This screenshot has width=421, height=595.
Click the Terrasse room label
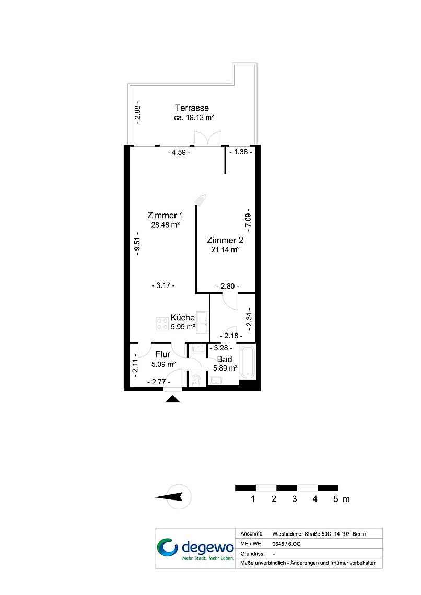click(x=192, y=108)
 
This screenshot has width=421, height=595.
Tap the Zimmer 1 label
click(x=165, y=215)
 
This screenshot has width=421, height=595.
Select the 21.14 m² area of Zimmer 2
click(x=225, y=249)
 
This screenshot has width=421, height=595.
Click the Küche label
click(x=183, y=318)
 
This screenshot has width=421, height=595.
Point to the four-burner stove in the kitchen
click(x=162, y=324)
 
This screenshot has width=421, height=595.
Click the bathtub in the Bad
click(x=248, y=361)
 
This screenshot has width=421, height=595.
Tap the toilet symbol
click(x=196, y=380)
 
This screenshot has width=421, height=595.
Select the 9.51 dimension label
click(x=137, y=246)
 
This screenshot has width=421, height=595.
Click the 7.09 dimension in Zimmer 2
click(x=248, y=220)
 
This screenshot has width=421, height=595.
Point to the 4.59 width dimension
click(x=179, y=152)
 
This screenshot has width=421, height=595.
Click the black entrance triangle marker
click(x=173, y=399)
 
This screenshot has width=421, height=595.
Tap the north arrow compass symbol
click(x=173, y=497)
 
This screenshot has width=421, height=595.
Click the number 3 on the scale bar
click(x=294, y=499)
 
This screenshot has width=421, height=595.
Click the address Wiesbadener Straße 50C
click(x=302, y=534)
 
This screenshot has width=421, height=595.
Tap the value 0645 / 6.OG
click(x=286, y=544)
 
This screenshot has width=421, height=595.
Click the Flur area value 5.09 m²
click(x=163, y=364)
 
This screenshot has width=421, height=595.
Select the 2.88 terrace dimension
click(x=138, y=110)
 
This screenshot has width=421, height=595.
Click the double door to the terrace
click(x=208, y=137)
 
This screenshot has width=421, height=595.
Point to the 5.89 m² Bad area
click(x=225, y=368)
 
